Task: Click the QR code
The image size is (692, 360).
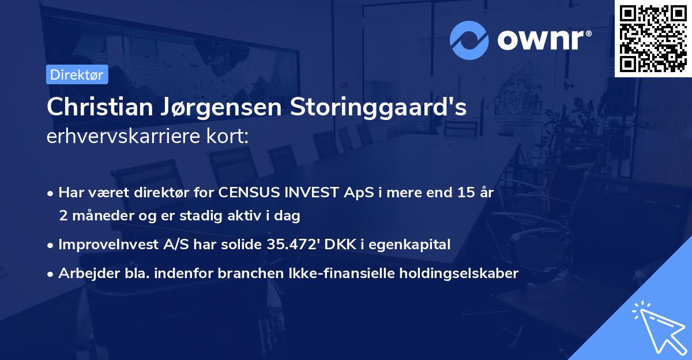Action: pyautogui.click(x=653, y=38)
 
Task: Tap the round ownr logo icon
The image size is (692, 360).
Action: pyautogui.click(x=469, y=40)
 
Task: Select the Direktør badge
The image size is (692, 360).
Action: pyautogui.click(x=77, y=74)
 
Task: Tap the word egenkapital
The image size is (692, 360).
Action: pyautogui.click(x=410, y=245)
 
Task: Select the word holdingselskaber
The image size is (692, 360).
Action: pyautogui.click(x=465, y=273)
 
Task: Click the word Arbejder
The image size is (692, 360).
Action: pyautogui.click(x=84, y=273)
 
